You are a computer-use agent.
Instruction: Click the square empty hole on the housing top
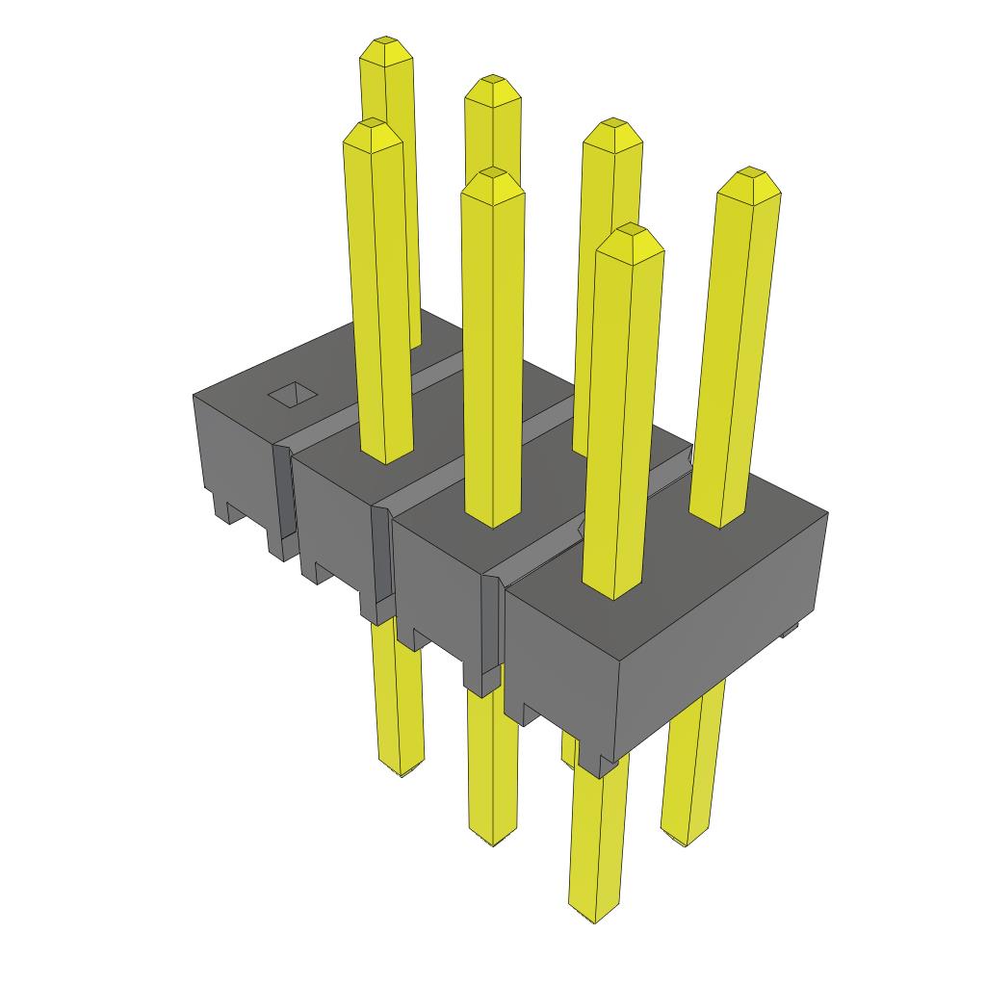293,395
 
